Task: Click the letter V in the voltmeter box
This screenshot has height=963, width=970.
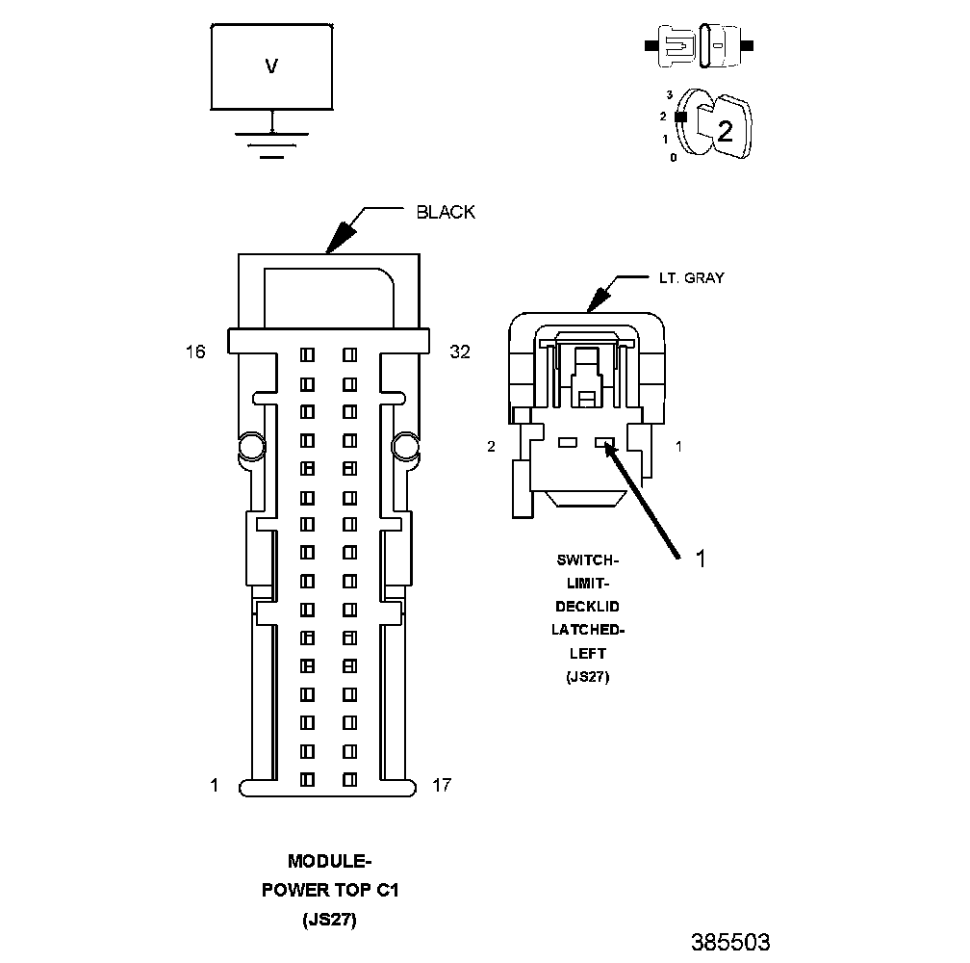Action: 271,66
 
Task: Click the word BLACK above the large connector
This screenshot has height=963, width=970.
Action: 446,212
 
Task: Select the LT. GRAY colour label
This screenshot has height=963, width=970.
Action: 691,277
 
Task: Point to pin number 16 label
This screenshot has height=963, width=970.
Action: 195,352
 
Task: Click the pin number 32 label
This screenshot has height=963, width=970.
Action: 460,352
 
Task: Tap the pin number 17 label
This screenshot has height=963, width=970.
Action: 442,786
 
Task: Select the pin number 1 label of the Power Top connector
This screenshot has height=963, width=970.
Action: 215,786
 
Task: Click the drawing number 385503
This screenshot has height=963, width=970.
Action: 730,941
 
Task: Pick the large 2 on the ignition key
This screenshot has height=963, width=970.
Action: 725,132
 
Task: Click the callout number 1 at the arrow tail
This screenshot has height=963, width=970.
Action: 701,559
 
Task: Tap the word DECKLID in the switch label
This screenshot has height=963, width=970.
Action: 588,606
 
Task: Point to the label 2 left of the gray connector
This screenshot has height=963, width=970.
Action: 491,447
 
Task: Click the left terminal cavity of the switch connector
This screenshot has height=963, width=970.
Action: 568,443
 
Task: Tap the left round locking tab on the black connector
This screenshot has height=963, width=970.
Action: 250,446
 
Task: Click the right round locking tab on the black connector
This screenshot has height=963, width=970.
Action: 405,446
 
